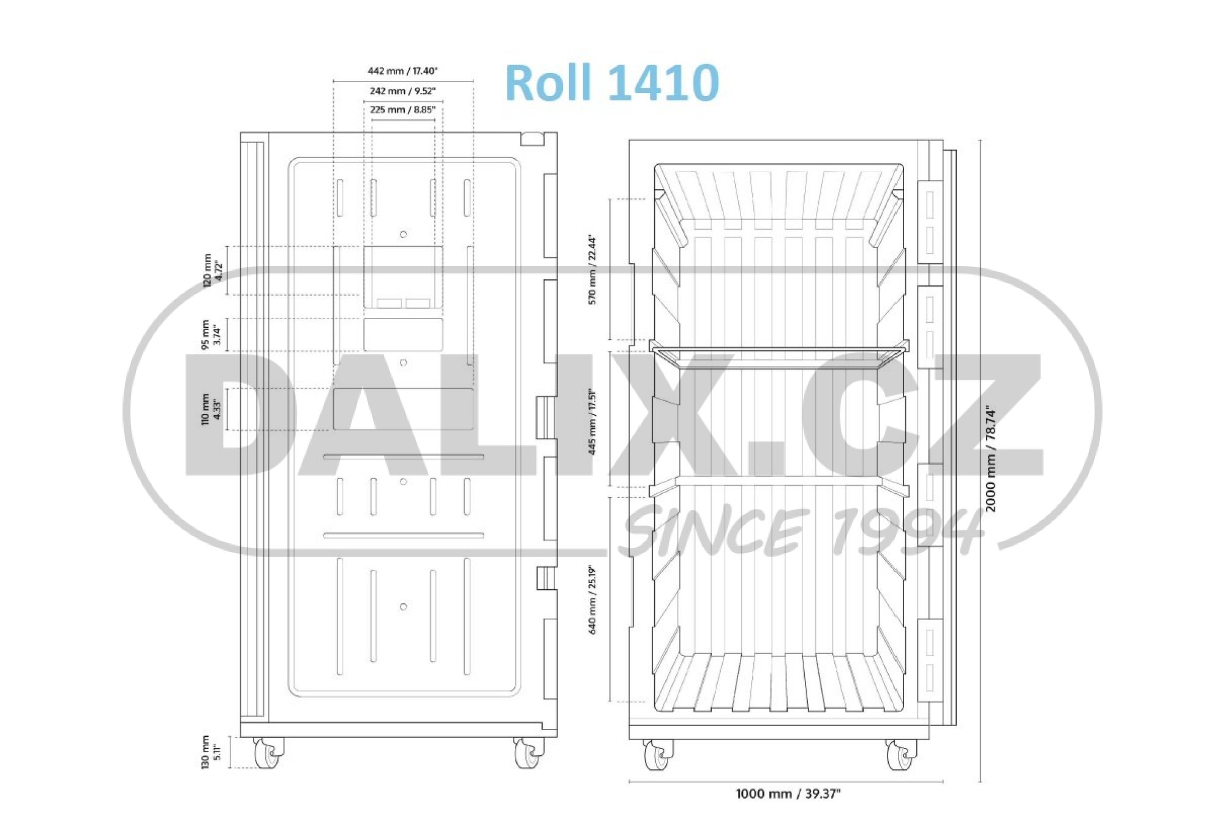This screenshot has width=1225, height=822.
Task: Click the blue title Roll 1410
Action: pyautogui.click(x=612, y=83)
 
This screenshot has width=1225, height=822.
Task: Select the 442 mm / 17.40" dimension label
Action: pyautogui.click(x=402, y=71)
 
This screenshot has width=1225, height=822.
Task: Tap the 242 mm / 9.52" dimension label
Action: pyautogui.click(x=402, y=91)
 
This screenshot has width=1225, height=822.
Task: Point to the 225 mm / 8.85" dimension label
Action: pyautogui.click(x=402, y=110)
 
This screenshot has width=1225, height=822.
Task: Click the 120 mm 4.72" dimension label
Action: pyautogui.click(x=212, y=270)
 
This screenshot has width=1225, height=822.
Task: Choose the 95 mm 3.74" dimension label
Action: pyautogui.click(x=212, y=334)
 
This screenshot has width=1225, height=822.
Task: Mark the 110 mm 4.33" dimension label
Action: pyautogui.click(x=212, y=409)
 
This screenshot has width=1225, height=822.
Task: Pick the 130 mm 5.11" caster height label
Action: pyautogui.click(x=212, y=752)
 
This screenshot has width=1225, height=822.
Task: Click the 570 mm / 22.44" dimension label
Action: pyautogui.click(x=592, y=270)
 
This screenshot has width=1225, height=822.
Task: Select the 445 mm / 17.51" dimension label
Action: pyautogui.click(x=592, y=422)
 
